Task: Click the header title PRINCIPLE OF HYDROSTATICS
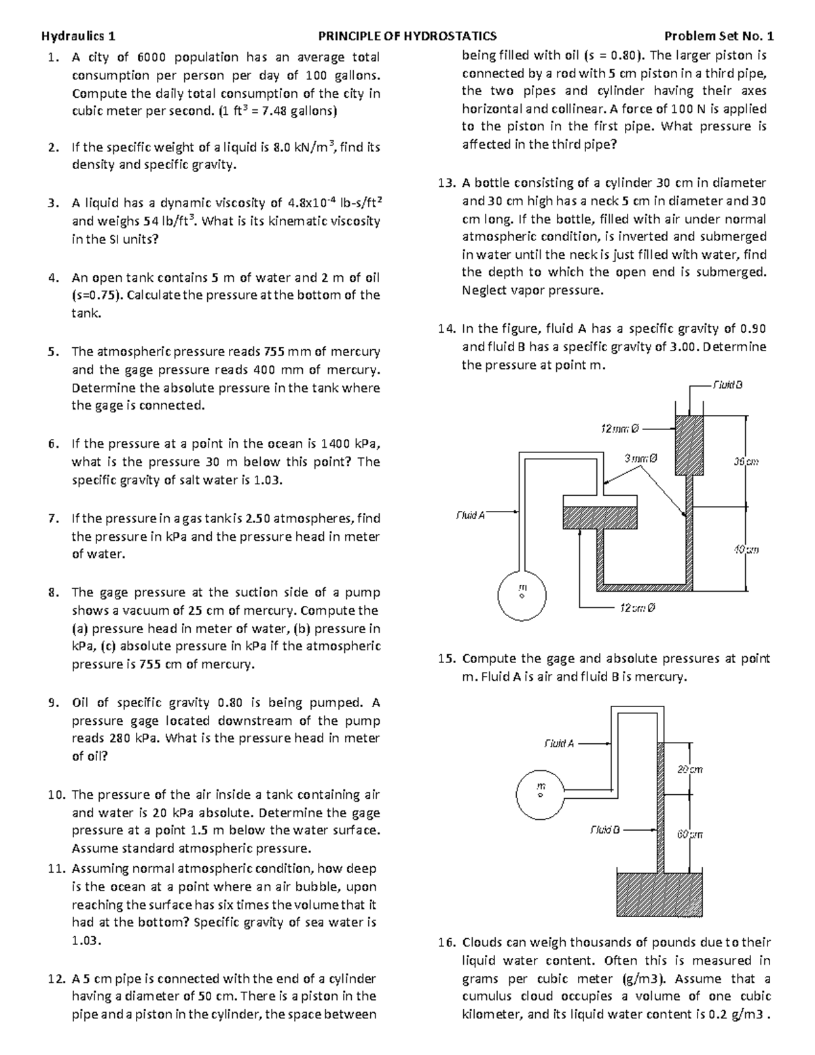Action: tap(407, 36)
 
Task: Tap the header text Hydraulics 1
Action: tap(78, 36)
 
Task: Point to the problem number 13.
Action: tap(446, 183)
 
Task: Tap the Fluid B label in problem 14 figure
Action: tap(727, 385)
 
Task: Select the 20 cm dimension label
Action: tap(689, 770)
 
